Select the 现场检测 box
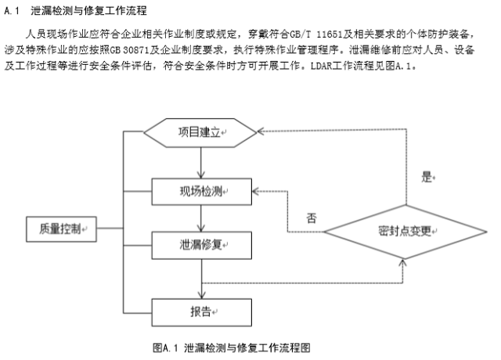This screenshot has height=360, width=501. [202, 190]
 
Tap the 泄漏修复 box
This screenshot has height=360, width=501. [202, 245]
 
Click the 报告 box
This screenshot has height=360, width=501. [202, 311]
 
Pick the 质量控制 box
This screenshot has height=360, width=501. [59, 229]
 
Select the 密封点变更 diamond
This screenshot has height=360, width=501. [404, 232]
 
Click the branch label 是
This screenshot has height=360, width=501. [427, 177]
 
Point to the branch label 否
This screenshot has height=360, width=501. [312, 218]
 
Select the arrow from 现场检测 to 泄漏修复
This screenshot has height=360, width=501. [202, 218]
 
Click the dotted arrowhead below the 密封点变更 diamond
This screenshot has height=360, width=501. [404, 263]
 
